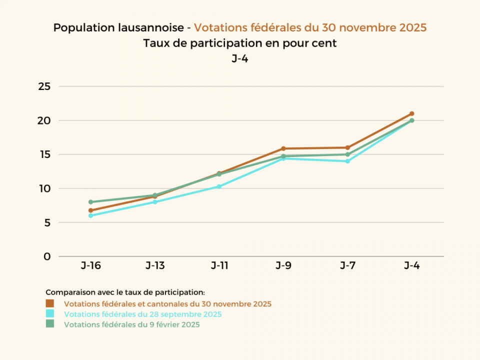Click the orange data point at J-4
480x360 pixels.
pos(411,113)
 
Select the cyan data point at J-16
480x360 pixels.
pos(90,215)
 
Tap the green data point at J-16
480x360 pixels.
pos(90,202)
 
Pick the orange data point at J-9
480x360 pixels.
pos(283,148)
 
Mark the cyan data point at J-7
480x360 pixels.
pos(347,161)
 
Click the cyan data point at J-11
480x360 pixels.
pos(219,186)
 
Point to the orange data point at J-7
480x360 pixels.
pos(347,147)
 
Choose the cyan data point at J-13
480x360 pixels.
pos(154,202)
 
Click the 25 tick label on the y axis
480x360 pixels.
pos(44,86)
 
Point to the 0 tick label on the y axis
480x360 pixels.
pos(47,256)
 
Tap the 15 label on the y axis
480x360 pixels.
pos(44,154)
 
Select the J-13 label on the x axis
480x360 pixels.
pos(155,265)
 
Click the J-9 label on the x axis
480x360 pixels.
pos(283,265)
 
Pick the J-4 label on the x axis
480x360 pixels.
pos(411,265)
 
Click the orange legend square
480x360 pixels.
pos(50,303)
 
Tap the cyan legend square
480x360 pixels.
pos(50,314)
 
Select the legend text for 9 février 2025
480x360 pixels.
pos(132,324)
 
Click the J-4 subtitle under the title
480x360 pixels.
pos(240,58)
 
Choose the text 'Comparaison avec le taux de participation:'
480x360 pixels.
pos(125,292)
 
